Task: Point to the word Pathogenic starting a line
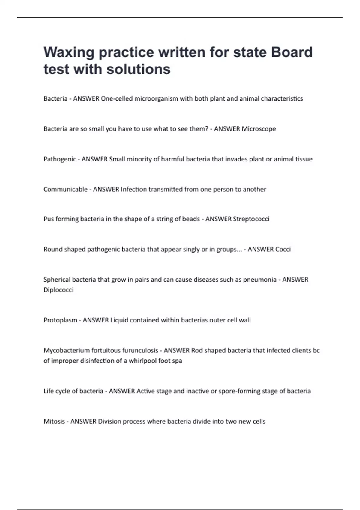[x=60, y=159]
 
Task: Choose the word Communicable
[x=65, y=189]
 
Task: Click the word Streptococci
[x=251, y=219]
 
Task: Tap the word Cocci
[x=283, y=249]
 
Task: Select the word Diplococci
[x=58, y=290]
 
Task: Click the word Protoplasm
[x=60, y=320]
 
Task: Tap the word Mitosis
[x=54, y=421]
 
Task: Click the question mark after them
[x=207, y=129]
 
